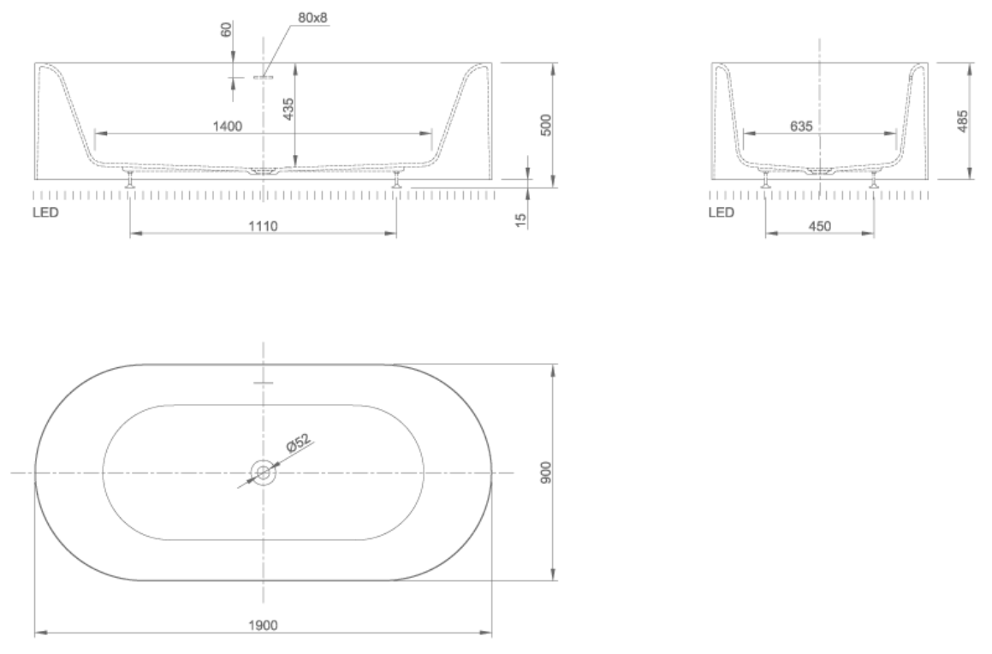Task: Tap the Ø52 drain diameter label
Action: point(297,443)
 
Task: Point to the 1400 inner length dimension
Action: point(229,126)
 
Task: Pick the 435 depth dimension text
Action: point(288,109)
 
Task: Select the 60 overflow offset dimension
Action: point(227,30)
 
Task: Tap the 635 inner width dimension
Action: point(801,126)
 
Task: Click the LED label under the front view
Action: point(46,212)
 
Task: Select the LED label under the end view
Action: point(722,212)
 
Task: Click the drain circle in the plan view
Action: point(263,472)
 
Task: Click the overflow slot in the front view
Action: point(263,76)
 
